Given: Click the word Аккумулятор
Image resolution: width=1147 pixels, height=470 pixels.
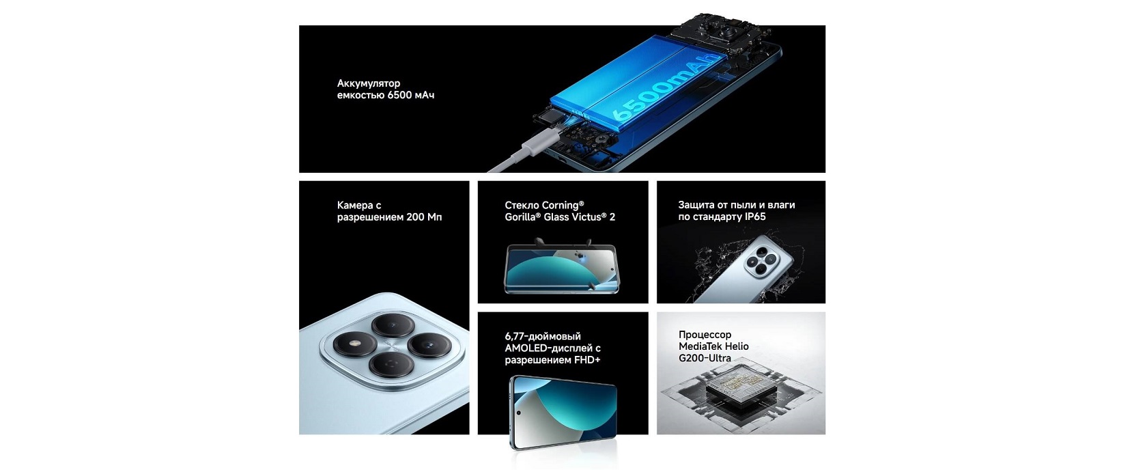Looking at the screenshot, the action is (x=369, y=83).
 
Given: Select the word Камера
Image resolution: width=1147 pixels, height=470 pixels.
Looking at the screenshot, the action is (x=355, y=205).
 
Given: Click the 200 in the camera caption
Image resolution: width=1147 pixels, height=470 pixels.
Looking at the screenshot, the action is (x=415, y=217).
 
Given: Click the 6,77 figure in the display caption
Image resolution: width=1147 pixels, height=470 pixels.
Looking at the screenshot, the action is (x=514, y=337).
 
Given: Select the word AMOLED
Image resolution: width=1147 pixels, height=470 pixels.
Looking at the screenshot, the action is (x=526, y=348).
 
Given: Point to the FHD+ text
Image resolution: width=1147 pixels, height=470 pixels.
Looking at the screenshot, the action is (x=588, y=360).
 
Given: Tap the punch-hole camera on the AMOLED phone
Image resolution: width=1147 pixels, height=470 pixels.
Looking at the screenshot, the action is (x=519, y=413).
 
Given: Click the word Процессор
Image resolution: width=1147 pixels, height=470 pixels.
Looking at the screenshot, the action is (x=705, y=335).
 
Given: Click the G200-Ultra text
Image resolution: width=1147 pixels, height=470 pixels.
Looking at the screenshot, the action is (x=705, y=358).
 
